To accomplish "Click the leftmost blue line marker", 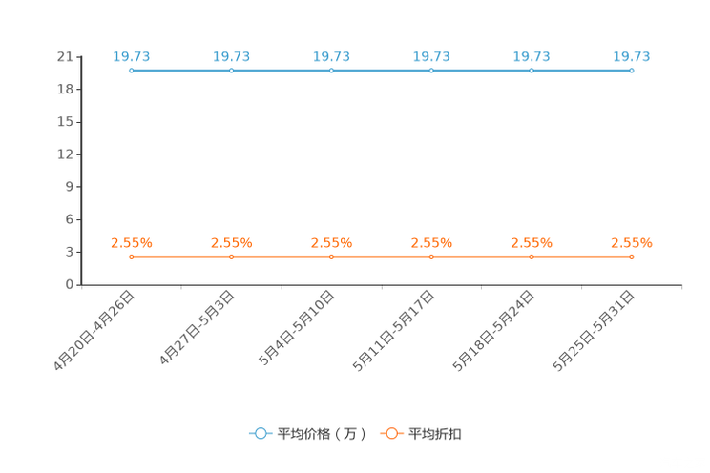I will tap(131, 71).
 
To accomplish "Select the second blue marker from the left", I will tap(231, 71).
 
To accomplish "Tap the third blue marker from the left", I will tap(331, 71).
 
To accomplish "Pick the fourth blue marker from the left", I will tap(431, 71).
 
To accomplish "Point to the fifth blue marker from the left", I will tap(532, 71).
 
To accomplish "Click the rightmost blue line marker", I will tap(632, 71).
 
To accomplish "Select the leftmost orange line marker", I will tap(131, 257).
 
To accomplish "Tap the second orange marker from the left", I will tap(231, 257).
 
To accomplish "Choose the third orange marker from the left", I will tap(331, 257).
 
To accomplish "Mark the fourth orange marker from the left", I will tap(431, 257).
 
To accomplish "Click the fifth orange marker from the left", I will tap(532, 257).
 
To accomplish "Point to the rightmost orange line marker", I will tap(632, 257).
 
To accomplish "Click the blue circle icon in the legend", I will tap(261, 433).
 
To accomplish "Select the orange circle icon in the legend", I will tap(391, 433).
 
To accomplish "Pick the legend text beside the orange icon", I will tap(435, 434).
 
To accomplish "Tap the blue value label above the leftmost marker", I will tap(132, 56).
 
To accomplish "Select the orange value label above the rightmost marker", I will tap(632, 243).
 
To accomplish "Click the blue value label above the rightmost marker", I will tap(632, 56).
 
